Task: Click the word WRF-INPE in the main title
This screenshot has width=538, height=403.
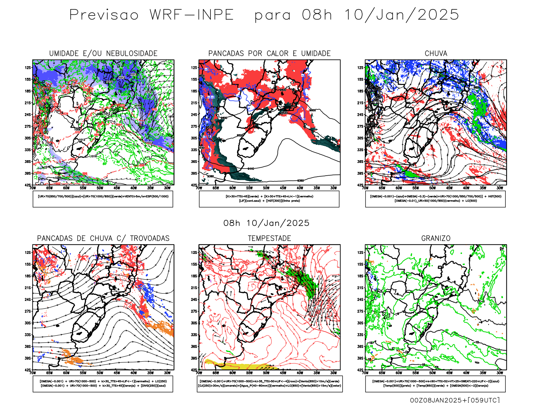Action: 192,15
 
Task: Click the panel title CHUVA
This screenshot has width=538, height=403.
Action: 436,53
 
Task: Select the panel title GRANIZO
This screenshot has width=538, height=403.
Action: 436,238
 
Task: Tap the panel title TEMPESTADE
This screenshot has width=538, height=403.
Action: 269,238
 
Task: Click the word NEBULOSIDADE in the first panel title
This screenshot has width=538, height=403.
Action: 132,53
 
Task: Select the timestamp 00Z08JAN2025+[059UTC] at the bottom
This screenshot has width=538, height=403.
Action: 455,400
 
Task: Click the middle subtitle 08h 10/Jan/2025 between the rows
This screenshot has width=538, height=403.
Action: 266,223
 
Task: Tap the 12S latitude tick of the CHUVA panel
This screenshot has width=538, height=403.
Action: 360,68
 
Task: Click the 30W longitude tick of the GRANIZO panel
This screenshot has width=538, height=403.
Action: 500,373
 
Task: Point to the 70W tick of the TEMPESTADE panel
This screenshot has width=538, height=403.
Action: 199,373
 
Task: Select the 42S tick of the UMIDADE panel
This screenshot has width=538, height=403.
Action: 27,185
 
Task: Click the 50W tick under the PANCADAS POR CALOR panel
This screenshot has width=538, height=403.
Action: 266,188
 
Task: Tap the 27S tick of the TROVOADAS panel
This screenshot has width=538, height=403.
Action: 27,311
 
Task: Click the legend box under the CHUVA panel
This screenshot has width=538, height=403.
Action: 435,199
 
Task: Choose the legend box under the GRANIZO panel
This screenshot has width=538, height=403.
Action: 435,384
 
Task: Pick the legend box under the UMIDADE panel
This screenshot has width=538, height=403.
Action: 103,199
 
